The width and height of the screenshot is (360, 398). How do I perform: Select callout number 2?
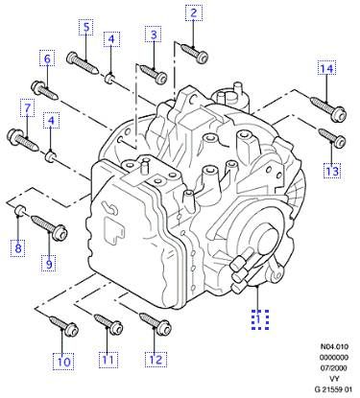(x=194, y=12)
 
